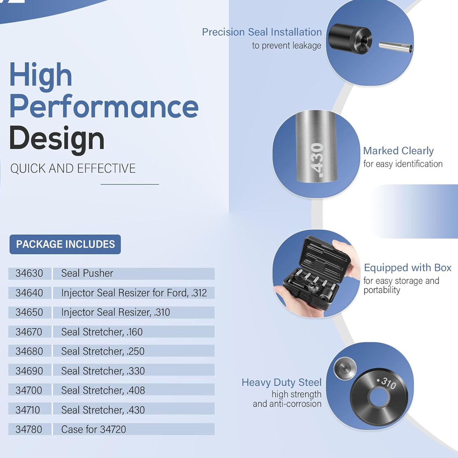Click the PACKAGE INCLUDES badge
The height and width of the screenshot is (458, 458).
pyautogui.click(x=65, y=244)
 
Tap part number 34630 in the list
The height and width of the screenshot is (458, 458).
pyautogui.click(x=29, y=273)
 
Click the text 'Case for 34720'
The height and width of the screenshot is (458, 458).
pyautogui.click(x=94, y=429)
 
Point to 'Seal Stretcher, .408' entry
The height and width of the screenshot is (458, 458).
pyautogui.click(x=103, y=390)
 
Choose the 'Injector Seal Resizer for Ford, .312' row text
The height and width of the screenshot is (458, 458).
pyautogui.click(x=134, y=293)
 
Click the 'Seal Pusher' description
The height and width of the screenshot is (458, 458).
pyautogui.click(x=87, y=273)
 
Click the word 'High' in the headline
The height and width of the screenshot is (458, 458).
pyautogui.click(x=41, y=75)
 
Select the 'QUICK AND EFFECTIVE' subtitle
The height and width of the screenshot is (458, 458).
pyautogui.click(x=73, y=169)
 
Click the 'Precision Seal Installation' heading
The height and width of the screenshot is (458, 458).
pyautogui.click(x=262, y=32)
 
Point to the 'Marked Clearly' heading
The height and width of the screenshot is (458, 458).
pyautogui.click(x=398, y=151)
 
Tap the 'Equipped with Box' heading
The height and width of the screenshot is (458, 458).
pyautogui.click(x=408, y=268)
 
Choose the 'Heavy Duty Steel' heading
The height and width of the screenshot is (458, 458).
pyautogui.click(x=282, y=382)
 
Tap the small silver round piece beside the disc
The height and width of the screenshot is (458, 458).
pyautogui.click(x=345, y=368)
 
